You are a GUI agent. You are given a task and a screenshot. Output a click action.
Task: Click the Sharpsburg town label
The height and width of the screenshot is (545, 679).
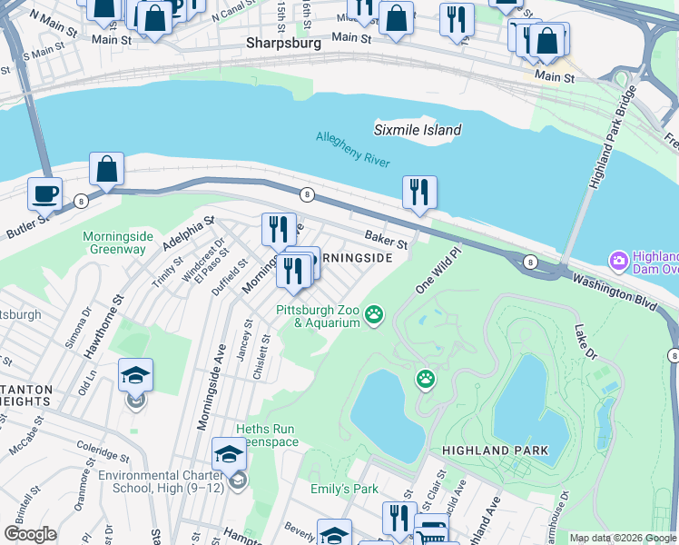click(284, 43)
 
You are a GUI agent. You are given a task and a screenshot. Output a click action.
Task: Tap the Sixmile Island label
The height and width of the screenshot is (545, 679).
click(418, 130)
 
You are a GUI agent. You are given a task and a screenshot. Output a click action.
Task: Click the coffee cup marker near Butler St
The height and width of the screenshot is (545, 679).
click(44, 193)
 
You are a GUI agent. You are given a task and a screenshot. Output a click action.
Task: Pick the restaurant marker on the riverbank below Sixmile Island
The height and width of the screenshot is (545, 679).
click(419, 192)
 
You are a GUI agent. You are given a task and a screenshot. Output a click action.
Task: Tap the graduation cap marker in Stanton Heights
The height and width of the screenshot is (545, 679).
click(135, 374)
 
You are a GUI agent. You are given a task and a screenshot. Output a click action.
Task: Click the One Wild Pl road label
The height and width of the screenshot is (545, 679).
click(433, 272)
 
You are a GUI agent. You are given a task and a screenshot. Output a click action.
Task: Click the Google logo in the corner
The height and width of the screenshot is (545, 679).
click(30, 534)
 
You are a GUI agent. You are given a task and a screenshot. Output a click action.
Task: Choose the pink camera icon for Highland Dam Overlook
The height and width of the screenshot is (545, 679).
click(620, 262)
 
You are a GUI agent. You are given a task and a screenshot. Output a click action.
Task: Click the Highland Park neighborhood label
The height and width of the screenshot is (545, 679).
click(495, 451)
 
